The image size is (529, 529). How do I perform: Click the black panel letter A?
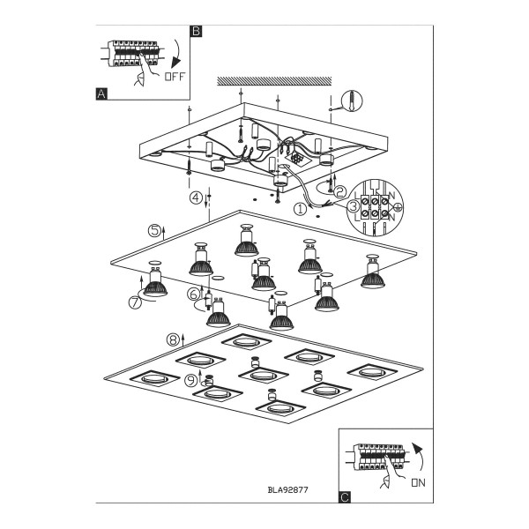click(101, 93)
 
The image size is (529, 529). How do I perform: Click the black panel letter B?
click(196, 31)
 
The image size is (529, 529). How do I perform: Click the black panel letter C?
click(345, 497)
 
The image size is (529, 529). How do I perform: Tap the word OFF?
click(175, 77)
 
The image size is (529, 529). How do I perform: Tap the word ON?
click(418, 483)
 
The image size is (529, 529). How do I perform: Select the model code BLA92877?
click(287, 489)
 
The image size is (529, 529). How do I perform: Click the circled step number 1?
click(300, 209)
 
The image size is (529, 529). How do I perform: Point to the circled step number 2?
click(339, 191)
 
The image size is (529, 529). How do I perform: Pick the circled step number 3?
click(354, 206)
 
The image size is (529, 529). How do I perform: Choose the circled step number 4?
click(196, 197)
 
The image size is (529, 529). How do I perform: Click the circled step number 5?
click(154, 231)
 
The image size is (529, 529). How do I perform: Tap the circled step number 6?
click(194, 294)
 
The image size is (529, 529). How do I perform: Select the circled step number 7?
click(135, 302)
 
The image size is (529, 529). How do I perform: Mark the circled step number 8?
click(173, 339)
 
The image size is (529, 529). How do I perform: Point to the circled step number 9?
click(191, 381)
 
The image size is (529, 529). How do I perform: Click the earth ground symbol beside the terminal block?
click(399, 207)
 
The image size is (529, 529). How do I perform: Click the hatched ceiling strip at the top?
click(274, 81)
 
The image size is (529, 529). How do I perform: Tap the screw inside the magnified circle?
click(352, 100)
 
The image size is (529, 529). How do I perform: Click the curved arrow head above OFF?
click(175, 63)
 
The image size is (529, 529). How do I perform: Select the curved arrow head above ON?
click(418, 450)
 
